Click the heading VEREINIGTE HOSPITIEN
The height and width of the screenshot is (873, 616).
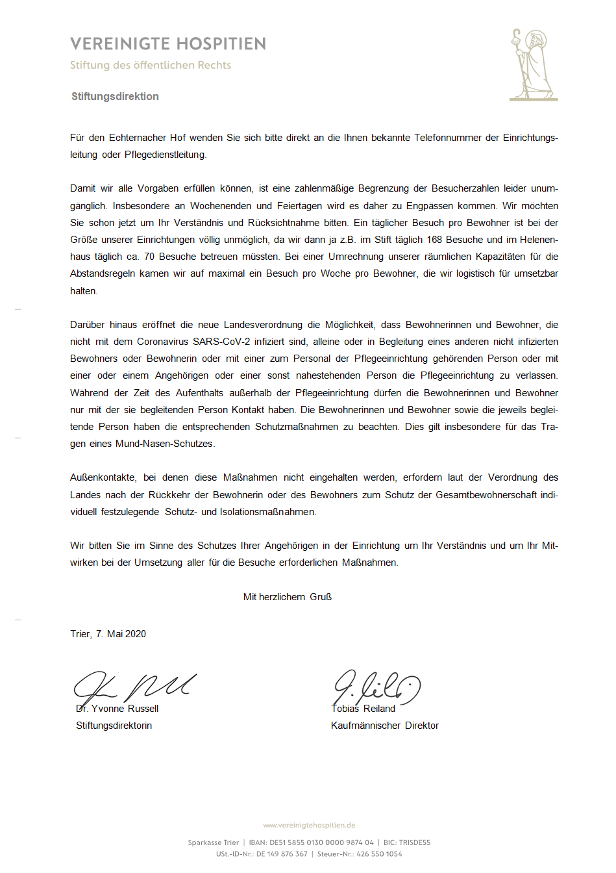point(168,44)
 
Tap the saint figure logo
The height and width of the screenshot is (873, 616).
point(533,65)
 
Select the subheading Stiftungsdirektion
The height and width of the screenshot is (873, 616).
point(115,97)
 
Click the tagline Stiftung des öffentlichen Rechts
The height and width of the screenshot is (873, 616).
point(151,65)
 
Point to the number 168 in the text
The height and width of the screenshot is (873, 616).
point(434,240)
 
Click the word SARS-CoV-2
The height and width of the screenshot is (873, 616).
point(221,342)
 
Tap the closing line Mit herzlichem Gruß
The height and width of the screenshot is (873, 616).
point(287,597)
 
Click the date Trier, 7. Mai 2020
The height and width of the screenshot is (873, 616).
point(108,634)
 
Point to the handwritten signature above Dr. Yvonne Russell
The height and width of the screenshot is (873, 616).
point(133,686)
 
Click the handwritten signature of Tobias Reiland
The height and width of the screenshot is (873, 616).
point(376,686)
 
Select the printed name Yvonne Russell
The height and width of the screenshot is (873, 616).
point(125,709)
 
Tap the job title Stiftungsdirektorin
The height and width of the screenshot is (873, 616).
point(114,726)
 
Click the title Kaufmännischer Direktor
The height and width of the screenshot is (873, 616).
point(385,726)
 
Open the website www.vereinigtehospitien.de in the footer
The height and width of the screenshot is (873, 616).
point(309,826)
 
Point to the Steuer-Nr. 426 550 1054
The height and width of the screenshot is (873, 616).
point(379,854)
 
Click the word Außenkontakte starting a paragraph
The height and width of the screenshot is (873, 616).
point(103,477)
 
